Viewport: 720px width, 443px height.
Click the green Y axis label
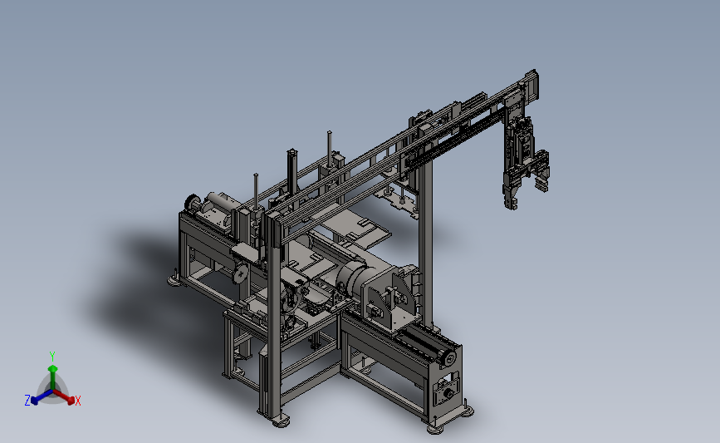[x=52, y=357]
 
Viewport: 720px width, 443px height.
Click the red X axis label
[x=77, y=401]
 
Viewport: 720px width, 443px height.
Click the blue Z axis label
[x=27, y=401]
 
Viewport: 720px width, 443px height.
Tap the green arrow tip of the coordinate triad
[x=53, y=368]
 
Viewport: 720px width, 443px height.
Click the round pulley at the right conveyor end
[x=448, y=357]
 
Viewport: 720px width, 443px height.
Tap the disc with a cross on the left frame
[x=240, y=274]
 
